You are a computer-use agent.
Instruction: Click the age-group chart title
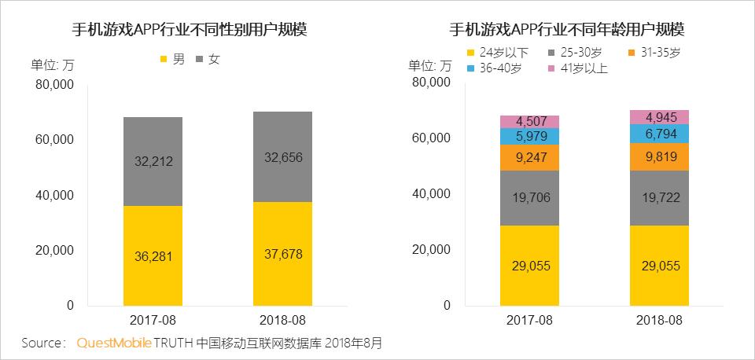coord(566,30)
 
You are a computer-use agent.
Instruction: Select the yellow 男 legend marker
coord(164,59)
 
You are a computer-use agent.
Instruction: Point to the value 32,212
coord(153,162)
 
